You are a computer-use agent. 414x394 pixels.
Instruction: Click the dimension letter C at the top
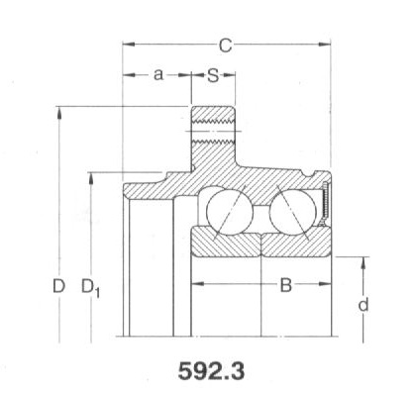pyautogui.click(x=226, y=45)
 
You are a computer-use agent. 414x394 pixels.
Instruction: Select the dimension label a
pyautogui.click(x=158, y=75)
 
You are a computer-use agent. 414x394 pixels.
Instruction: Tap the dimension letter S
pyautogui.click(x=213, y=75)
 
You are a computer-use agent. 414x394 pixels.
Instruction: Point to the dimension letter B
pyautogui.click(x=286, y=285)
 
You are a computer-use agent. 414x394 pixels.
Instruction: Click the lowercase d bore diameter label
pyautogui.click(x=363, y=305)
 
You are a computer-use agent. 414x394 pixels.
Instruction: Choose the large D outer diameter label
pyautogui.click(x=58, y=286)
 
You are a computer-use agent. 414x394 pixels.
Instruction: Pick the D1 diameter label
pyautogui.click(x=90, y=288)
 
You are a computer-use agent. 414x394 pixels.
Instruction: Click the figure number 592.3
pyautogui.click(x=211, y=371)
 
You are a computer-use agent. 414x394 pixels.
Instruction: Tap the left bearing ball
pyautogui.click(x=230, y=212)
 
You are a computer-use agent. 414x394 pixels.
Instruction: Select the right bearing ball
pyautogui.click(x=293, y=212)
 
